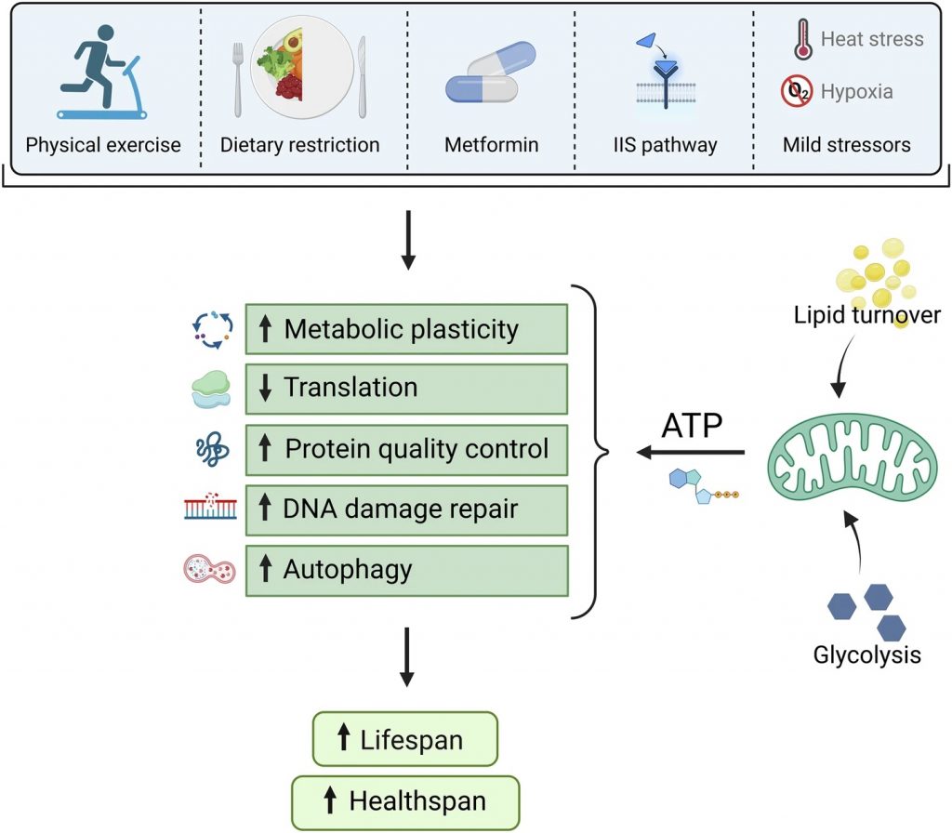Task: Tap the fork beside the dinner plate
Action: (x=238, y=79)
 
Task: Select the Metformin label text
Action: (x=491, y=144)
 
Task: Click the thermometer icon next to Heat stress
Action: (x=803, y=38)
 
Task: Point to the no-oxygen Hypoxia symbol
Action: (x=797, y=91)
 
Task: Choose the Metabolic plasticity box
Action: (x=407, y=329)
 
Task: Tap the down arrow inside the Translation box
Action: (x=265, y=388)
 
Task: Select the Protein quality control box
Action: (x=407, y=450)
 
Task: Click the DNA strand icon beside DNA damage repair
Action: (x=210, y=507)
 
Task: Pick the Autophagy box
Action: (x=407, y=571)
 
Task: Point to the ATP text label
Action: (x=692, y=426)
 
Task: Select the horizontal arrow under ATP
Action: (x=691, y=453)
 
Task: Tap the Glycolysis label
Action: (x=867, y=655)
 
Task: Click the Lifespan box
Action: (x=405, y=739)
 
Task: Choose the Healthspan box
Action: (x=405, y=802)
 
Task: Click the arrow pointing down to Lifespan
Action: (x=407, y=657)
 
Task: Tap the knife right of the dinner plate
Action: (x=363, y=77)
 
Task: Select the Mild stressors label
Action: (x=846, y=144)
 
